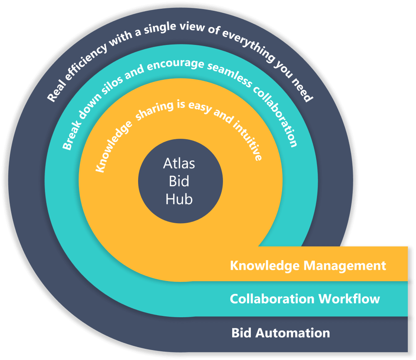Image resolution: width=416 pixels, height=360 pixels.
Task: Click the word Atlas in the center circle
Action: [179, 163]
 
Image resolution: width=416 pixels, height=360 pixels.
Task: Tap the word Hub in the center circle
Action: [179, 199]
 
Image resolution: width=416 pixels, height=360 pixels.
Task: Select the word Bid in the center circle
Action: [179, 181]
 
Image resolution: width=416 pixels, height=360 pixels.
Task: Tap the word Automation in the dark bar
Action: [292, 333]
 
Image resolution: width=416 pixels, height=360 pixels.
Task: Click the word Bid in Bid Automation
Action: [241, 333]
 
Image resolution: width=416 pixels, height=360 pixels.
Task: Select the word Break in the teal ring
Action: [69, 134]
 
